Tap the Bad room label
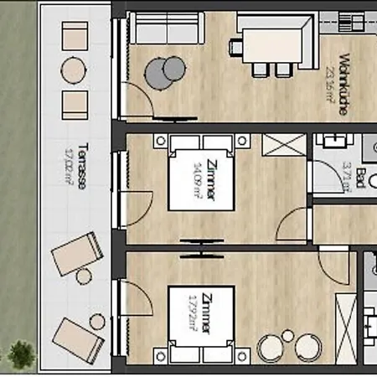pos(360,178)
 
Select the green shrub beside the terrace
pos(21,355)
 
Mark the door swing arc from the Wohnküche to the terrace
pos(140,103)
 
